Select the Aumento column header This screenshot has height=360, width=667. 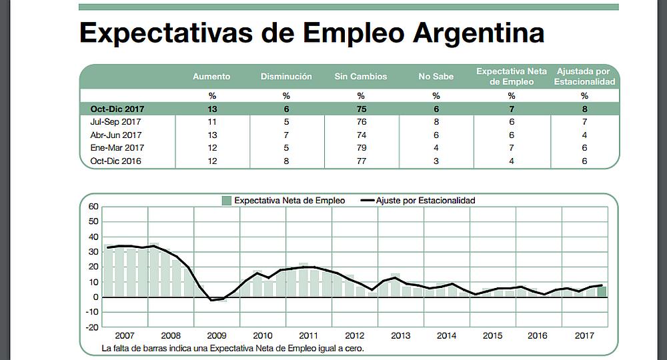click(x=211, y=77)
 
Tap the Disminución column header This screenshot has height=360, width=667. click(x=286, y=77)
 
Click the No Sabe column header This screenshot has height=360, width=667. click(x=436, y=77)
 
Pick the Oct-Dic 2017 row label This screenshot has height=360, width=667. click(x=117, y=109)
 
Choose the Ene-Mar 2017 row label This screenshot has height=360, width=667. click(x=117, y=148)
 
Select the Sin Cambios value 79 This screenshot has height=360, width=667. click(x=360, y=148)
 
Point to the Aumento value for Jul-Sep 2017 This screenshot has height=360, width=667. click(x=211, y=122)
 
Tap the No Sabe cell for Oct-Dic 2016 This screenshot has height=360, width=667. click(x=436, y=161)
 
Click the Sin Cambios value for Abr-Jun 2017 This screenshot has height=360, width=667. click(x=360, y=135)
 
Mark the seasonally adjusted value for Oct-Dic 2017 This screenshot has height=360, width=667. click(x=584, y=109)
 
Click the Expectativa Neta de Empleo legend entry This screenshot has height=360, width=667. click(x=283, y=200)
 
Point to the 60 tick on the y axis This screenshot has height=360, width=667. click(x=93, y=207)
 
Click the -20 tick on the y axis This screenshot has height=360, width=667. click(x=91, y=327)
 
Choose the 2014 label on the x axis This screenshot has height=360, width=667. click(x=446, y=336)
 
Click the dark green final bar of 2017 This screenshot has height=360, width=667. click(x=602, y=291)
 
